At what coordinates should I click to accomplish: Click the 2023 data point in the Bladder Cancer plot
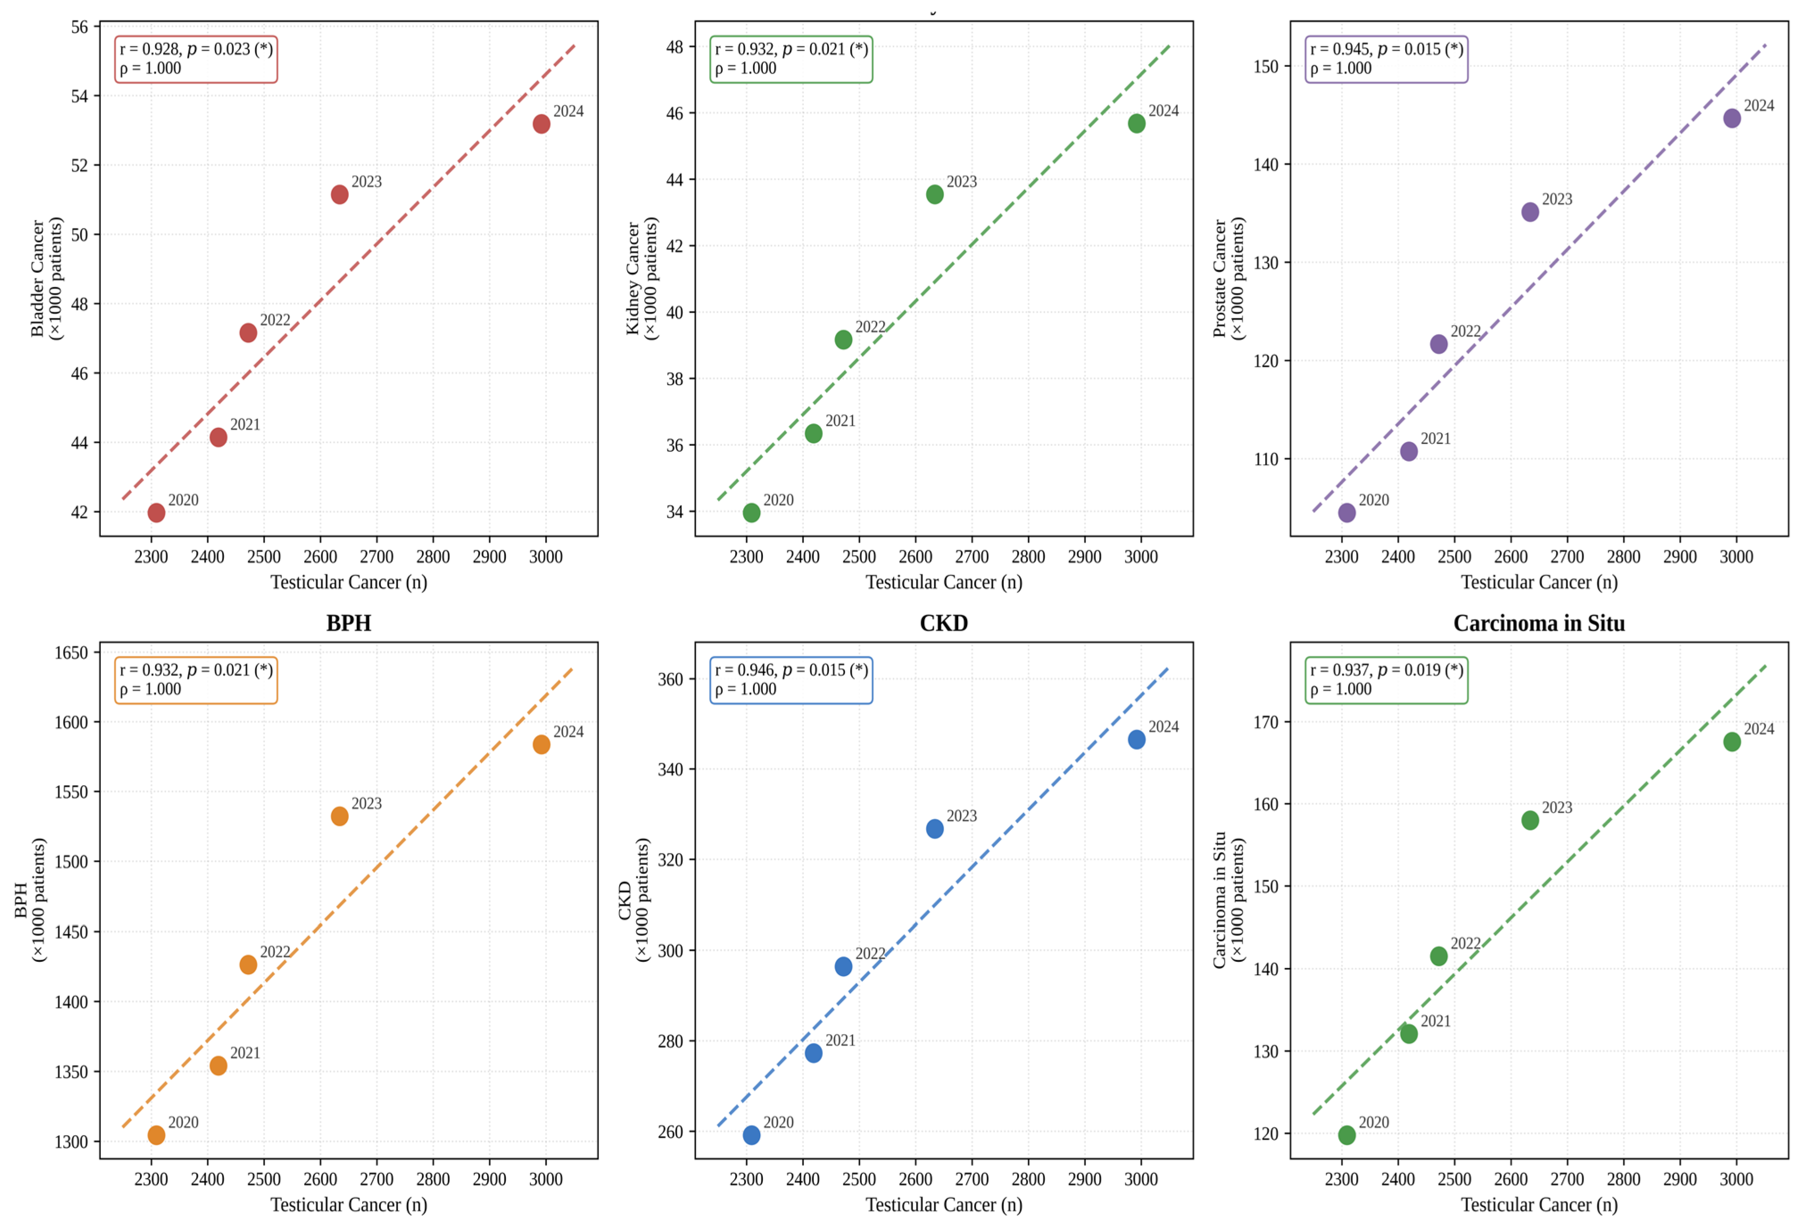pos(339,194)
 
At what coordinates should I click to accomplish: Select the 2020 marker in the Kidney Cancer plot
pos(751,513)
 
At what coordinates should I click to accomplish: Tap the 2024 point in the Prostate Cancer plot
pos(1732,118)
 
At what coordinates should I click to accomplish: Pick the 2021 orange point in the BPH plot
pos(218,1066)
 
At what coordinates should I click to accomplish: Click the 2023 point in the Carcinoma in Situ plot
pos(1530,820)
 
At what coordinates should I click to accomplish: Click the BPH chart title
pos(348,623)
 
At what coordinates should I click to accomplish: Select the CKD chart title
pos(944,623)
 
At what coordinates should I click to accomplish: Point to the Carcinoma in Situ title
pos(1539,623)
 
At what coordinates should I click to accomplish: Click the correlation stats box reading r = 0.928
pos(196,59)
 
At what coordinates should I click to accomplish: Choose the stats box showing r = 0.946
pos(791,680)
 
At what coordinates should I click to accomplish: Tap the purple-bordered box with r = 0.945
pos(1386,59)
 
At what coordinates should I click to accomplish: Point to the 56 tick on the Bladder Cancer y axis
pos(80,27)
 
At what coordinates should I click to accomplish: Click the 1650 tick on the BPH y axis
pos(71,653)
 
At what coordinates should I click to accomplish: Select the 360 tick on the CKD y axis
pos(670,679)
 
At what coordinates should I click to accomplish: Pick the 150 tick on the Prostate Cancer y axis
pos(1266,67)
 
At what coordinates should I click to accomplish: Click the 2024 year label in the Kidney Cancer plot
pos(1163,111)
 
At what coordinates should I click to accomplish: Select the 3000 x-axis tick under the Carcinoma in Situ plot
pos(1737,1179)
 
